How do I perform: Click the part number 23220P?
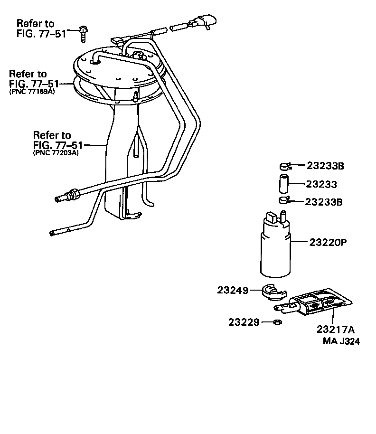(328, 242)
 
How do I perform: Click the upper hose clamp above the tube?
(284, 166)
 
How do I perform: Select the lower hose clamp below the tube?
(284, 200)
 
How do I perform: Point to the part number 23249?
(233, 290)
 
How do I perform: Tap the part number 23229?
(244, 322)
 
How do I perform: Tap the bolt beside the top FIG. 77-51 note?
(84, 32)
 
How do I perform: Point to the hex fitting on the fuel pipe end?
(73, 193)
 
